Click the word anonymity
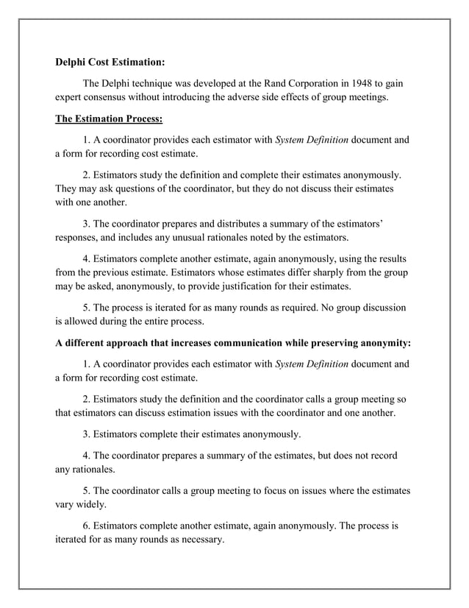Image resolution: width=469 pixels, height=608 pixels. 381,343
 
